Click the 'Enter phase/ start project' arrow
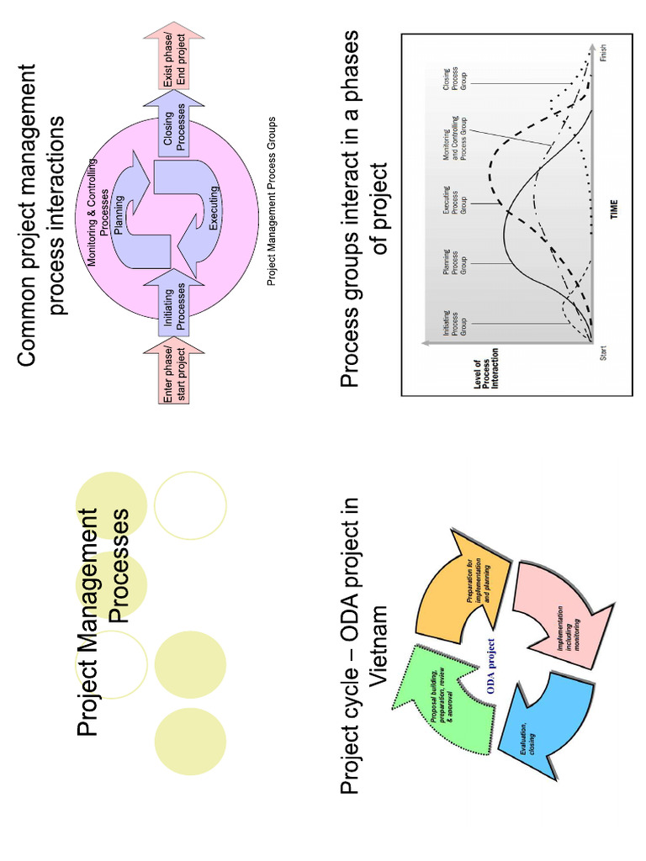pyautogui.click(x=174, y=372)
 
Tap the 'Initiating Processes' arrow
pyautogui.click(x=174, y=304)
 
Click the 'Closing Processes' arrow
pyautogui.click(x=174, y=124)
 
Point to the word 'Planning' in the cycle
pyautogui.click(x=119, y=214)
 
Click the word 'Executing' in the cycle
pyautogui.click(x=214, y=208)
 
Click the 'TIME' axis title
pyautogui.click(x=614, y=209)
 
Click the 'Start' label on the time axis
pyautogui.click(x=603, y=353)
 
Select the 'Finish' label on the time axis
pyautogui.click(x=603, y=53)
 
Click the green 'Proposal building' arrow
pyautogui.click(x=445, y=703)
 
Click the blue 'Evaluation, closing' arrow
pyautogui.click(x=544, y=725)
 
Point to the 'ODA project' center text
pyautogui.click(x=490, y=666)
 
